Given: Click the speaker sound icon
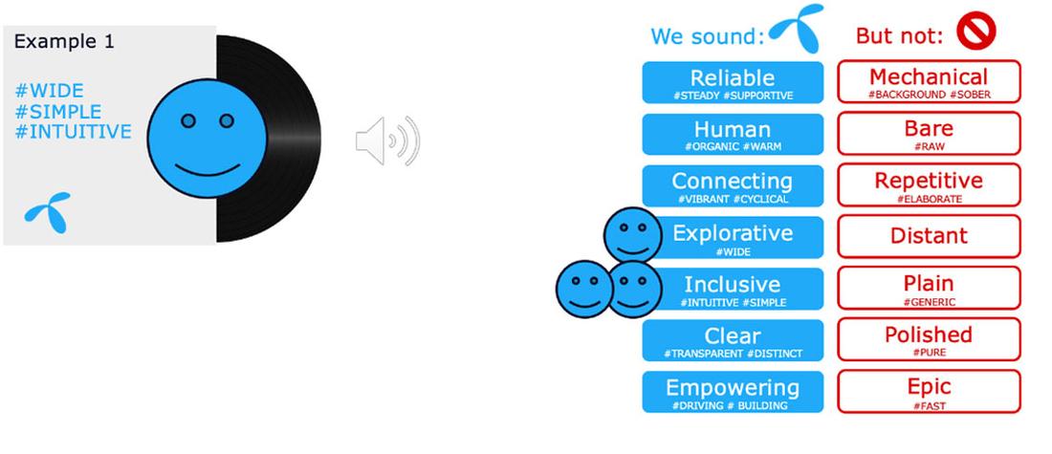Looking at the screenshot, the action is pos(387,141).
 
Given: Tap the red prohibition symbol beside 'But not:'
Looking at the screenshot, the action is pos(975,33).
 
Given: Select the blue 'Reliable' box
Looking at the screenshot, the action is pos(733,82).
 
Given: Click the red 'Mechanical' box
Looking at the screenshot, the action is pos(929,81).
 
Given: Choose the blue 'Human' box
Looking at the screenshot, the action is pos(733,134).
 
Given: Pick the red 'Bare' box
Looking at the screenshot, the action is pos(929,133).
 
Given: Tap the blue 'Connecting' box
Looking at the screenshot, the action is pos(733,185).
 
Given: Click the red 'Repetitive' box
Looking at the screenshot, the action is pos(929,184).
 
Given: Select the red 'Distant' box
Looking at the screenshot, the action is pos(929,236).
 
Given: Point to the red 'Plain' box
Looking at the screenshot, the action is pos(929,288).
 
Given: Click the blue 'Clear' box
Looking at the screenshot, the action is pos(733,340).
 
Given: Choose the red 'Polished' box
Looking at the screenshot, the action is pos(929,339).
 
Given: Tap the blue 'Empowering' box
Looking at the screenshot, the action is pos(733,392).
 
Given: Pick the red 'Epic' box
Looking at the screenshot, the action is pos(929,391).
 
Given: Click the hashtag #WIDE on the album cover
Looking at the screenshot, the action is pos(49,91).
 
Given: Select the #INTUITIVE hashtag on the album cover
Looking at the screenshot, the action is pos(73,132).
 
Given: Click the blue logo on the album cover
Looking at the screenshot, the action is pos(47,210).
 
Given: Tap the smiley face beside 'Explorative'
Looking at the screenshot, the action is pos(632,234).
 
